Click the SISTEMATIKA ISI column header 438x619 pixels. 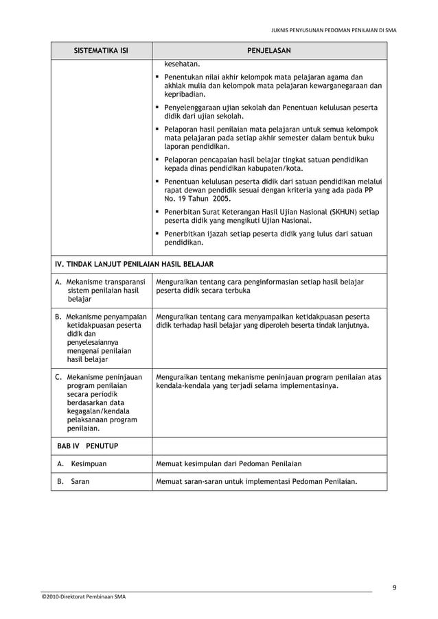coord(101,51)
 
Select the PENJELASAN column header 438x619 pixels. coord(269,51)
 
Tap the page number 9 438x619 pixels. coord(394,587)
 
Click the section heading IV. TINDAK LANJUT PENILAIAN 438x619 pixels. coord(134,264)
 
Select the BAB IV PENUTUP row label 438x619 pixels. coord(87,446)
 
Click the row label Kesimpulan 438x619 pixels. coord(89,463)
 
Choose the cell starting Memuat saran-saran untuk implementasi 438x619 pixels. coord(257,481)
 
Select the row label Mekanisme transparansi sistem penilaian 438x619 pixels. coord(100,290)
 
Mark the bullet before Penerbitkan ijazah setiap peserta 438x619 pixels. coord(158,234)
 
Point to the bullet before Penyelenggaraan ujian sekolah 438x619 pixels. coord(158,108)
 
